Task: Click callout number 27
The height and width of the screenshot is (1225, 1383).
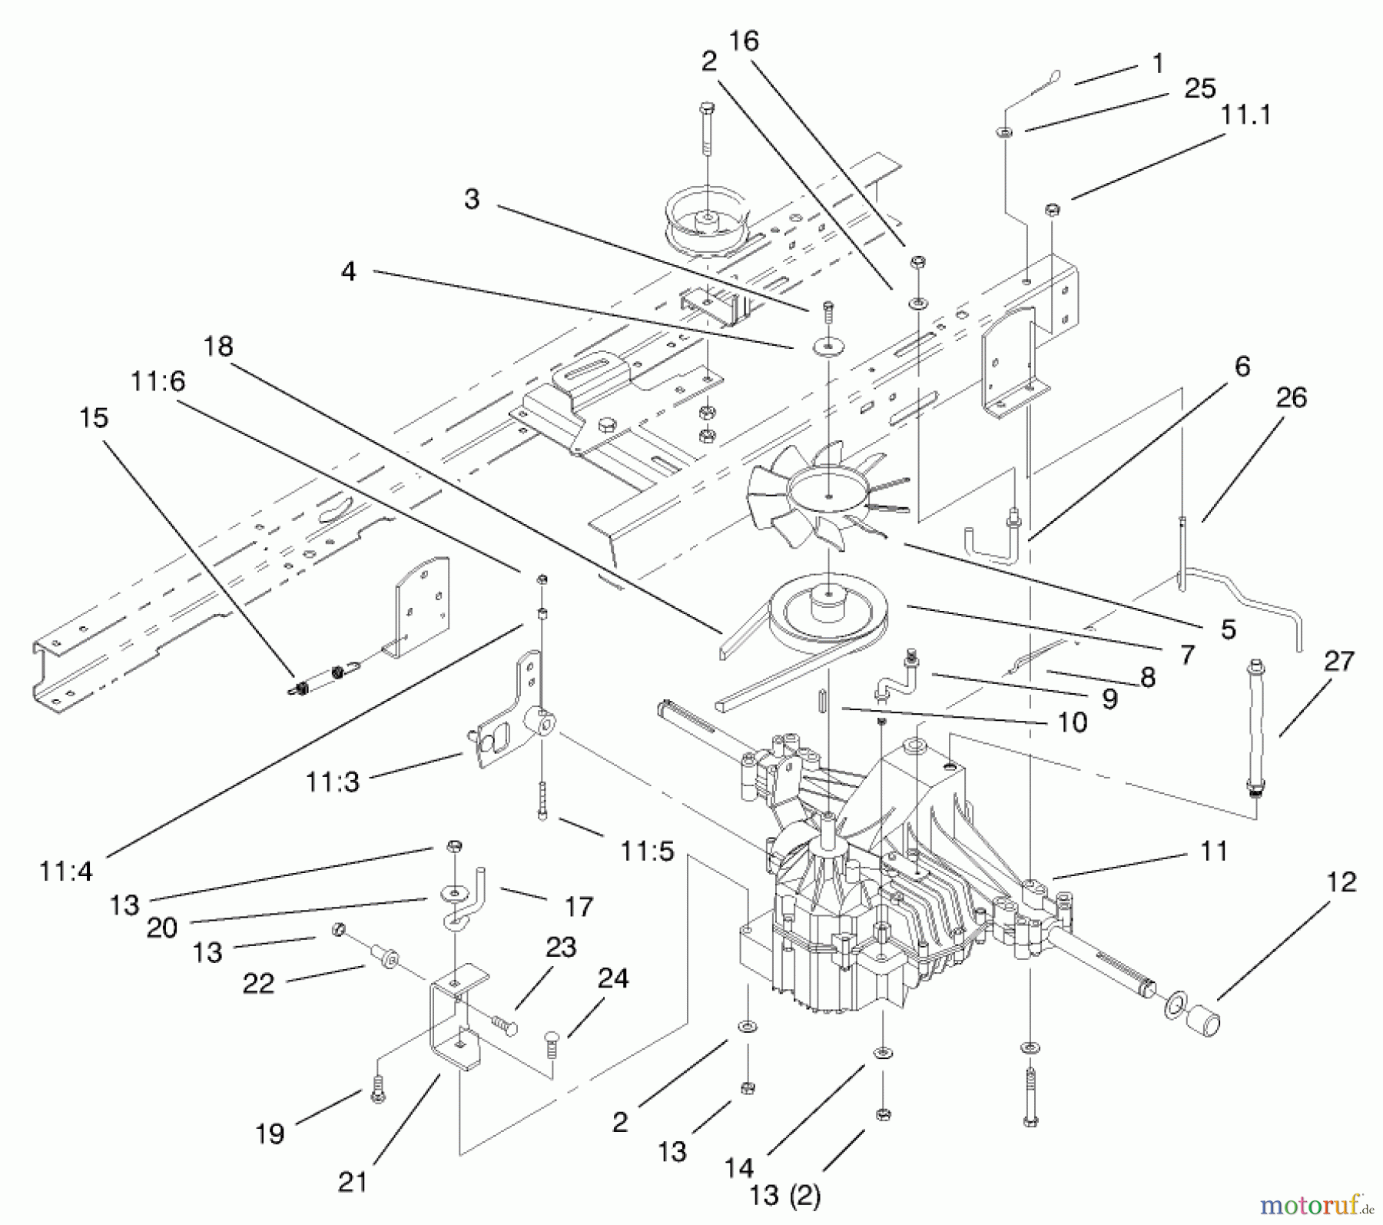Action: tap(1338, 661)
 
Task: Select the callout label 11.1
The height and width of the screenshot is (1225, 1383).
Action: tap(1245, 115)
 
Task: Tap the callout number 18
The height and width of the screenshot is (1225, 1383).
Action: tap(218, 347)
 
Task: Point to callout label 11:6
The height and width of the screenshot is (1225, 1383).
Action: tap(158, 381)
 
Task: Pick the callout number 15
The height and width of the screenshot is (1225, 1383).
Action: tap(94, 418)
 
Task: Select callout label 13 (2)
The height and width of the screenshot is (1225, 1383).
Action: tap(784, 1196)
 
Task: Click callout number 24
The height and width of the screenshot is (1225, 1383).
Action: tap(612, 979)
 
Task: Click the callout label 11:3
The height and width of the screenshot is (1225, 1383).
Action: tap(332, 782)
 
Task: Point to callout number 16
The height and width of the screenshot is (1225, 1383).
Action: tap(743, 41)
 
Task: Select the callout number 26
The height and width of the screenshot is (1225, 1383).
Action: tap(1291, 398)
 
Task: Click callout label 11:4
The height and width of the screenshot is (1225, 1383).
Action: tap(65, 871)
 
